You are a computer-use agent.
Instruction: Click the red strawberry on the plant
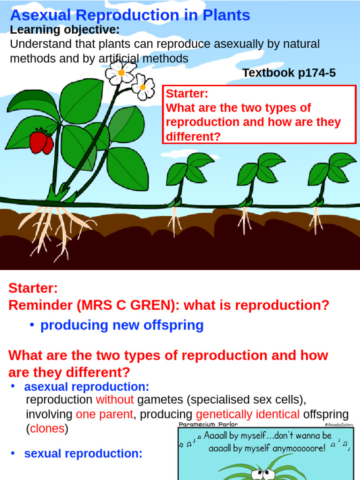tap(41, 142)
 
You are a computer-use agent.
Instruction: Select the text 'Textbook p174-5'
tap(289, 73)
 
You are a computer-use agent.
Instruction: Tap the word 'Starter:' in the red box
tap(187, 94)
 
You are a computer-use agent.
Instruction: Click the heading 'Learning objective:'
tap(65, 30)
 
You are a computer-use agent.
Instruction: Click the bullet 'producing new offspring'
tap(122, 325)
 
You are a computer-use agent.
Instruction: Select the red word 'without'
tap(115, 400)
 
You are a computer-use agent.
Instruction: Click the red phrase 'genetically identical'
tap(247, 414)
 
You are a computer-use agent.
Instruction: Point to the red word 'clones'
tap(47, 428)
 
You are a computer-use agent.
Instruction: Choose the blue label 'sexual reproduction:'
tap(83, 454)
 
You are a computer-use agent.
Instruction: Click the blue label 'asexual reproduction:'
tap(87, 387)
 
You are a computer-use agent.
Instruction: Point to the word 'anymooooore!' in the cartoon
tap(291, 448)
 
